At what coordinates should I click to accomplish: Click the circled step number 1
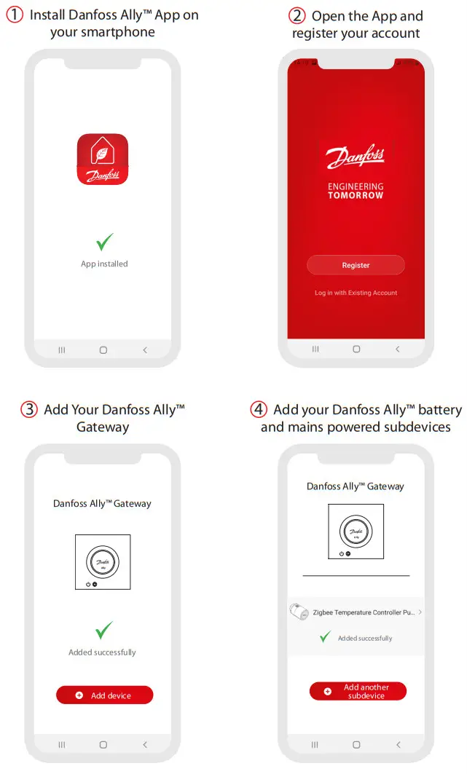click(15, 15)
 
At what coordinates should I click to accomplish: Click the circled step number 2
click(297, 16)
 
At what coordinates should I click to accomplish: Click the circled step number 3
click(29, 409)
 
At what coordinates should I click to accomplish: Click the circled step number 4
click(259, 409)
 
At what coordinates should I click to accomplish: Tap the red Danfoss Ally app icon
click(103, 159)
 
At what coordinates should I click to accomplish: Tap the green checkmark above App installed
click(105, 242)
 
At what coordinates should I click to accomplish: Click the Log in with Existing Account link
click(356, 293)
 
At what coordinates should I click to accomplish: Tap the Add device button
click(104, 695)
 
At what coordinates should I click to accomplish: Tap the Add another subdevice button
click(357, 691)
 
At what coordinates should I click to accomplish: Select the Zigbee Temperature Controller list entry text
click(363, 612)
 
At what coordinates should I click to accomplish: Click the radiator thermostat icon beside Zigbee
click(299, 612)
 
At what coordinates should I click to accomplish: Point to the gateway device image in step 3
click(103, 562)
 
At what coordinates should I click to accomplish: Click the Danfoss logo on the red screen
click(356, 157)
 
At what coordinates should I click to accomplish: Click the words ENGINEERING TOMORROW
click(356, 191)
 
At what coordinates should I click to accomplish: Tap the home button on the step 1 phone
click(103, 350)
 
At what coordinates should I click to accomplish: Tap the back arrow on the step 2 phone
click(397, 350)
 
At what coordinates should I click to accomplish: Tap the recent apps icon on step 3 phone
click(61, 745)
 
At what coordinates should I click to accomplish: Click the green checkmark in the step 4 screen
click(325, 637)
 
